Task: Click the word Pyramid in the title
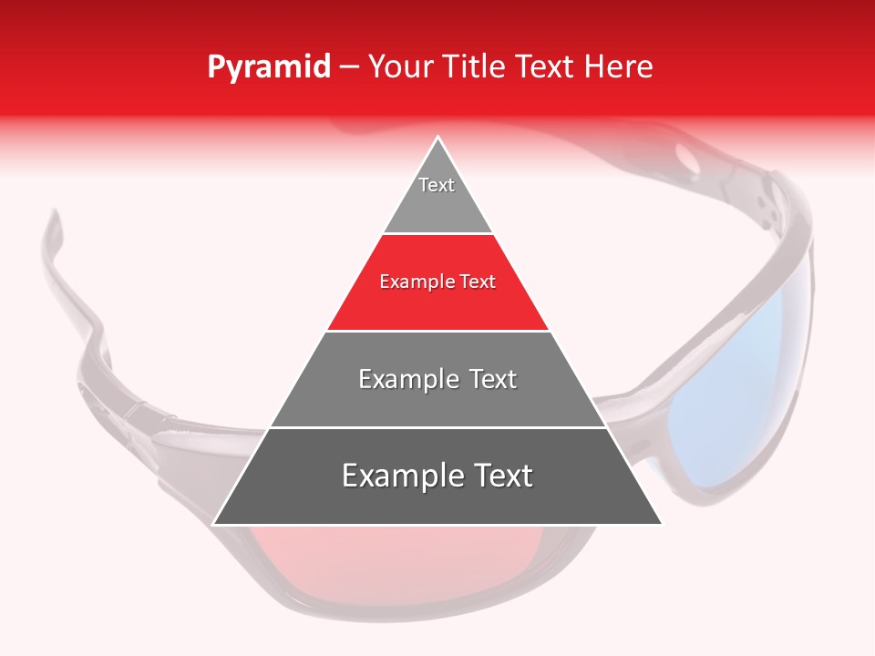pyautogui.click(x=268, y=67)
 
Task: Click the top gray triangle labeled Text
pyautogui.click(x=437, y=196)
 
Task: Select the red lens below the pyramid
pyautogui.click(x=365, y=560)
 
